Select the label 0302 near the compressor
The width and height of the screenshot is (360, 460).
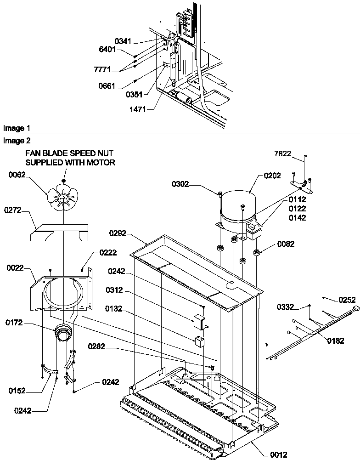[x=194, y=185]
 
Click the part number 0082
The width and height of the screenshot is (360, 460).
[x=286, y=244]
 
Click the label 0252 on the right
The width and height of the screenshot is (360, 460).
[x=347, y=300]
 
